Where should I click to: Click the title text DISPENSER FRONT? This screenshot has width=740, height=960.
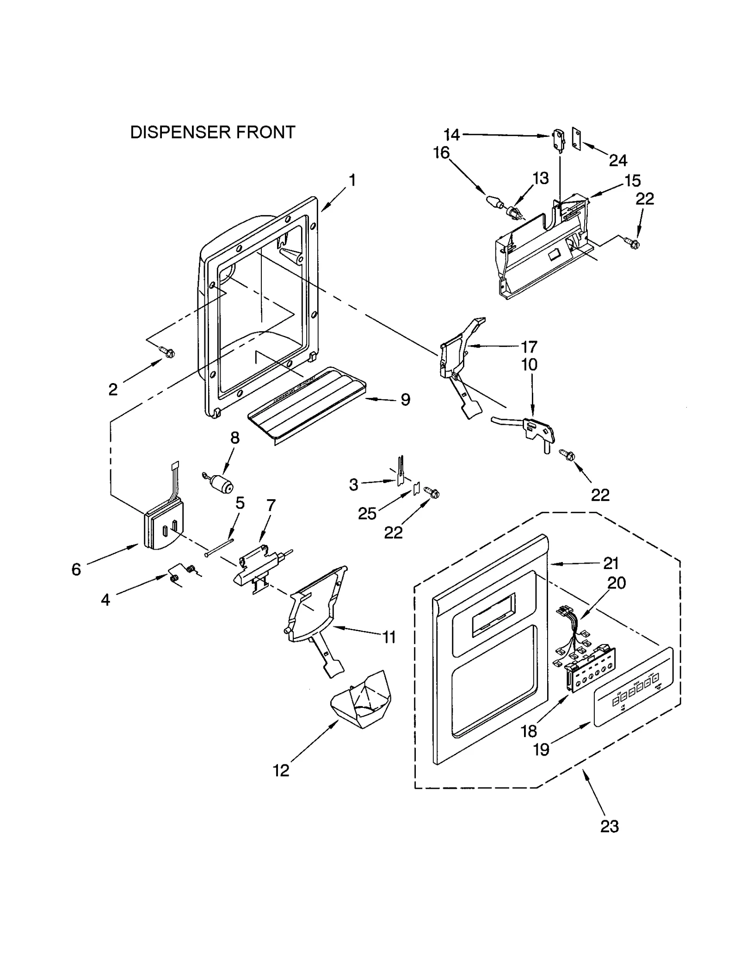pyautogui.click(x=212, y=132)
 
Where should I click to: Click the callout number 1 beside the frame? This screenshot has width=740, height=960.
pyautogui.click(x=352, y=180)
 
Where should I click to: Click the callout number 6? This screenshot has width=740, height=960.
pyautogui.click(x=76, y=569)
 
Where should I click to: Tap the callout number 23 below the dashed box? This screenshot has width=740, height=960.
pyautogui.click(x=609, y=826)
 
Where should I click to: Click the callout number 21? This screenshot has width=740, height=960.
pyautogui.click(x=611, y=563)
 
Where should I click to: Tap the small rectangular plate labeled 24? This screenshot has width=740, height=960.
pyautogui.click(x=576, y=139)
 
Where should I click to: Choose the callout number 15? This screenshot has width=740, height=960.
pyautogui.click(x=632, y=180)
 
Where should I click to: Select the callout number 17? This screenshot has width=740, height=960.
pyautogui.click(x=529, y=346)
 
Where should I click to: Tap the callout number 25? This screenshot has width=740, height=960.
pyautogui.click(x=367, y=513)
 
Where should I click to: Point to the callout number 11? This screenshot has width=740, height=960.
pyautogui.click(x=389, y=637)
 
